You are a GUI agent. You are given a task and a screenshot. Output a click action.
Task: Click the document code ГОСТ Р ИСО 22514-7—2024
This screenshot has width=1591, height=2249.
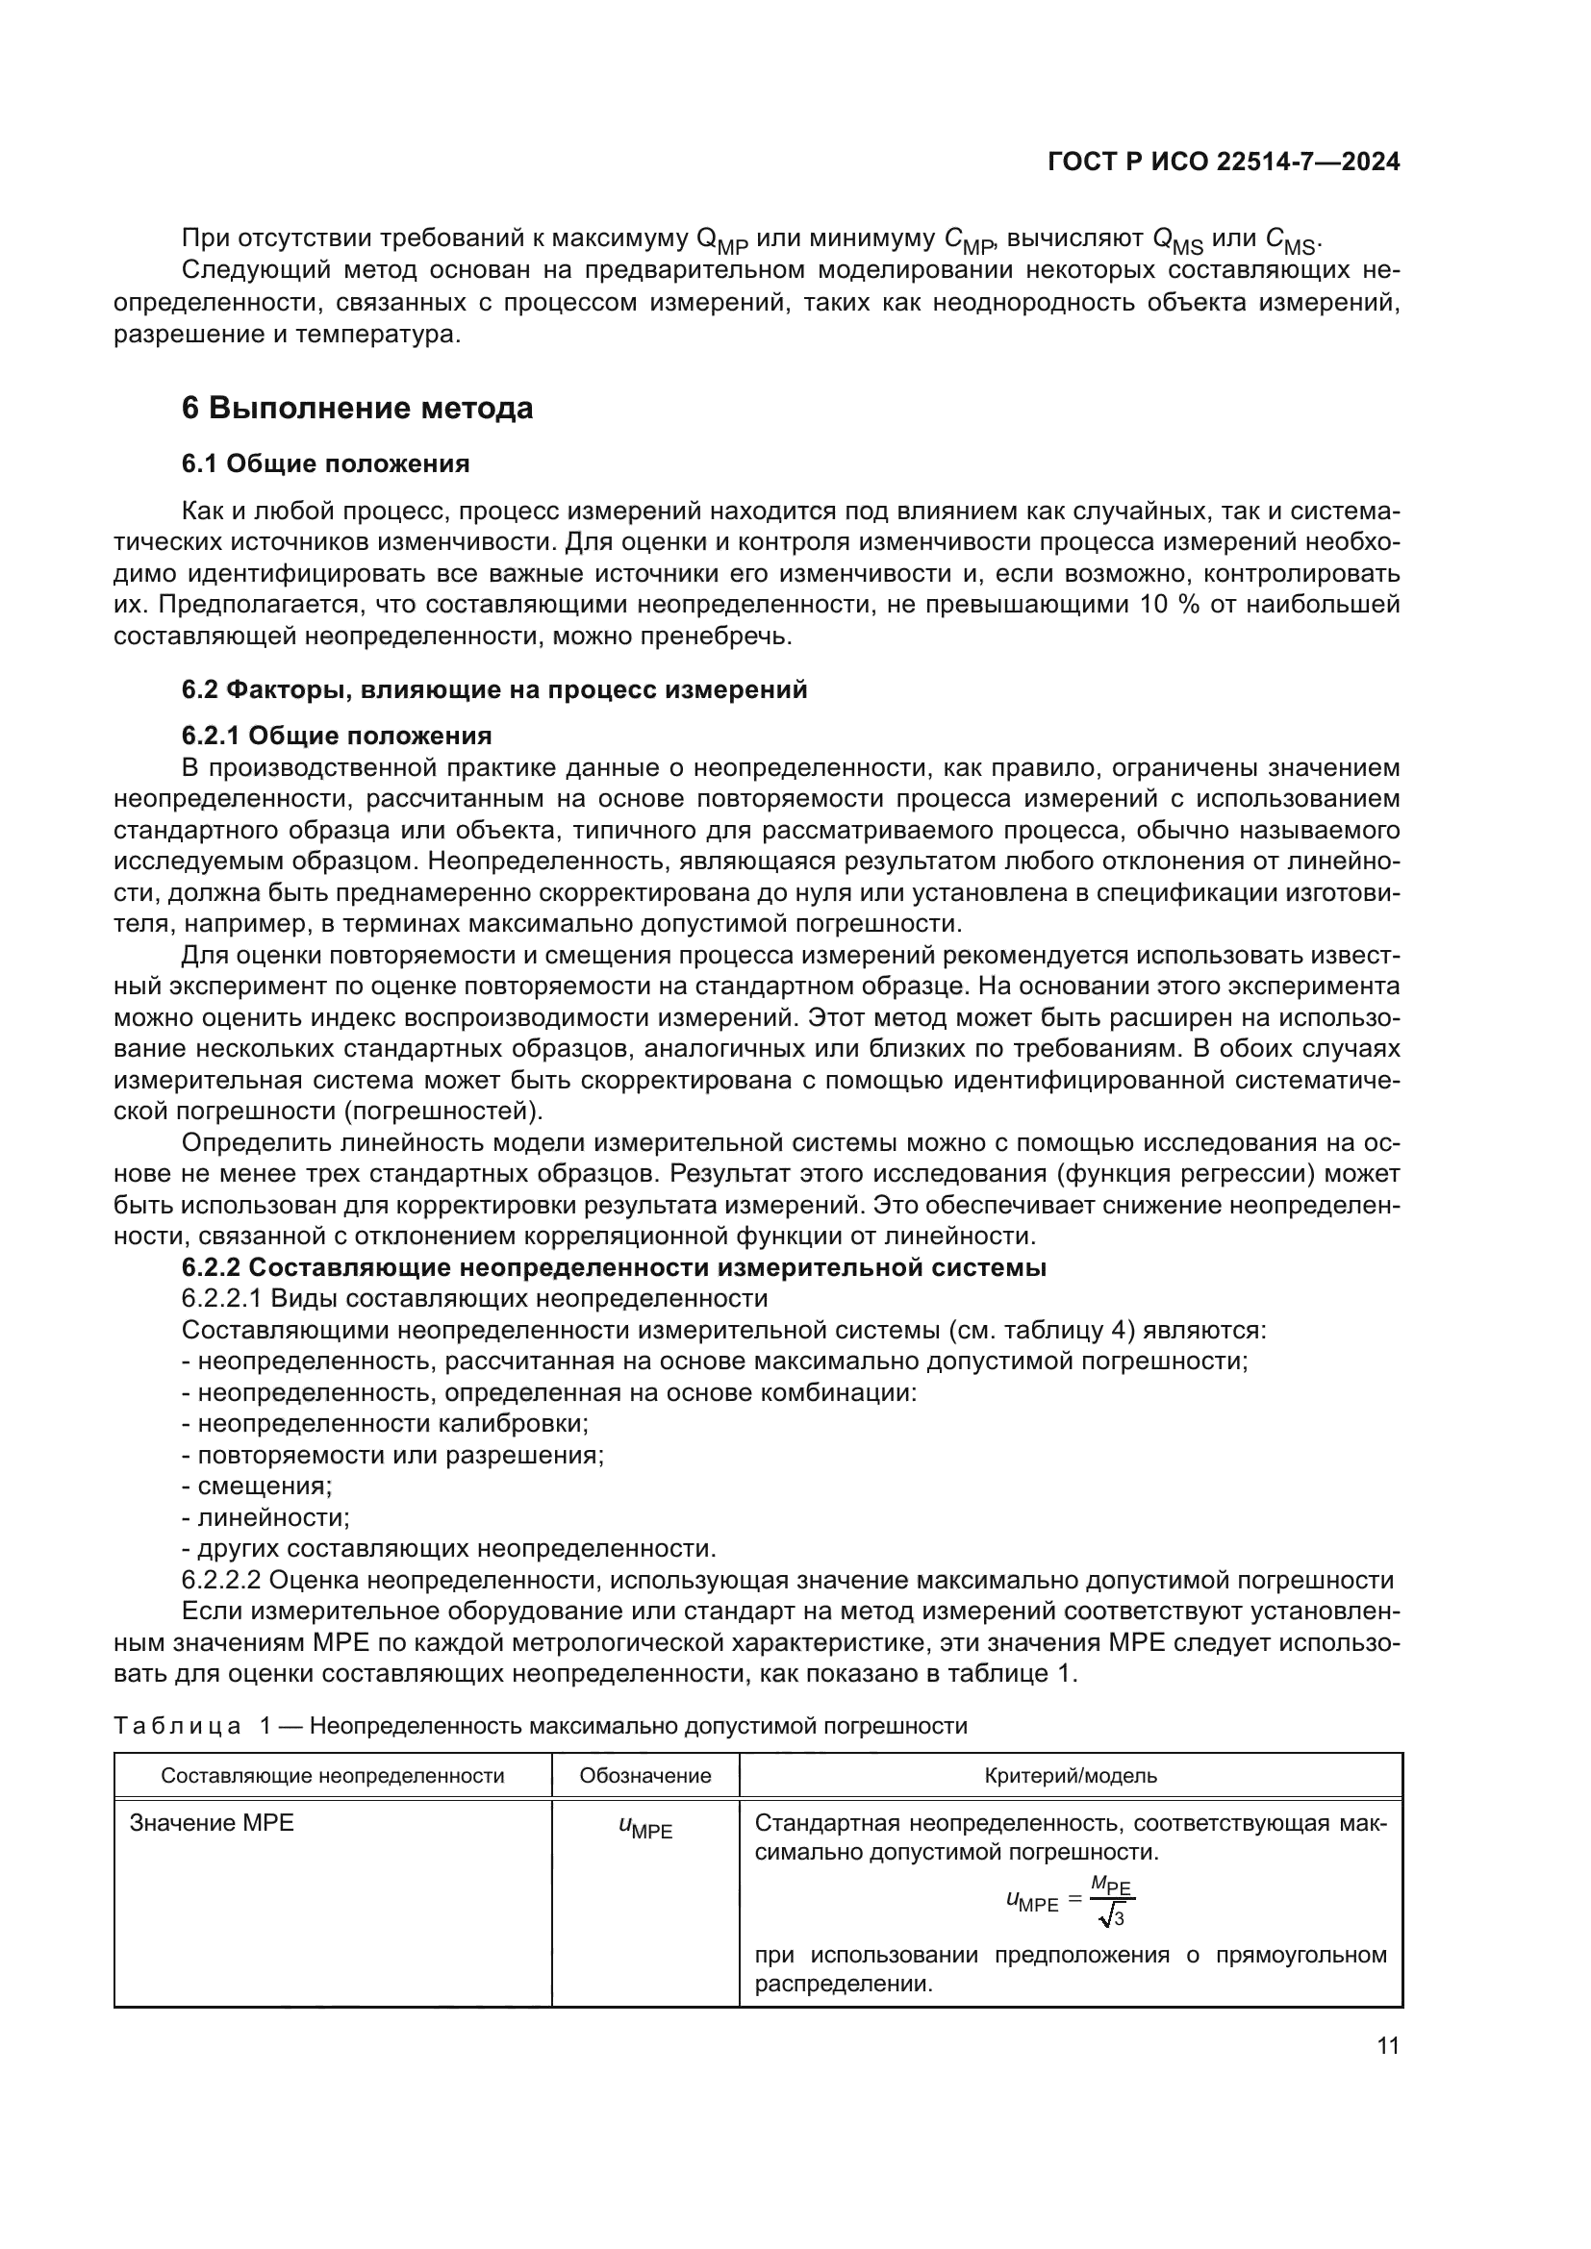(1223, 162)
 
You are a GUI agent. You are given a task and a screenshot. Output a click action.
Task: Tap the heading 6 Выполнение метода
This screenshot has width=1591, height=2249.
(358, 408)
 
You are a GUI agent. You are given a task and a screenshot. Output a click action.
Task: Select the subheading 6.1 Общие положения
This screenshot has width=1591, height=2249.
(325, 463)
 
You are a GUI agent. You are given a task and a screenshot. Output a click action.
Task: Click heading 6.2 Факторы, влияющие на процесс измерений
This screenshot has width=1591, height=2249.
(493, 689)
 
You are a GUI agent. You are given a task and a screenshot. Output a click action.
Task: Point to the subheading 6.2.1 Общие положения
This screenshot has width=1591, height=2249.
(336, 736)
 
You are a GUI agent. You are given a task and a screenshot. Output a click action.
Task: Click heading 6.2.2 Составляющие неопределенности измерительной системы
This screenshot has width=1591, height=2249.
(614, 1266)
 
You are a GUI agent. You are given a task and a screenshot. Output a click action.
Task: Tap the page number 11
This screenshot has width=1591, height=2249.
(1387, 2045)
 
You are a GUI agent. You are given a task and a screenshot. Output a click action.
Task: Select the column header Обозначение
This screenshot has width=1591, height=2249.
(644, 1776)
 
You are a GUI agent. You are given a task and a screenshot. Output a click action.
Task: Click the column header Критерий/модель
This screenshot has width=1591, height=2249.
(1070, 1776)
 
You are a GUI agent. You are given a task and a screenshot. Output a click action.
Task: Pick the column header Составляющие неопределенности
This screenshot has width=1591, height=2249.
(332, 1776)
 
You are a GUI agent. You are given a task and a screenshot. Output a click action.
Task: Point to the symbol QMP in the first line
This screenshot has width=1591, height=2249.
(721, 240)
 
